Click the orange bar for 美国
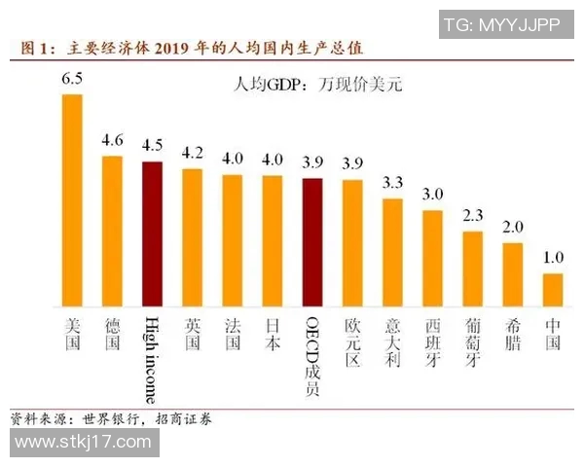(72, 200)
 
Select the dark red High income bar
(152, 233)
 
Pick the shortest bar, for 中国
(552, 290)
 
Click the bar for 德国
(112, 231)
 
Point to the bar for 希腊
(512, 274)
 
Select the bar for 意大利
(392, 252)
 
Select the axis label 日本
(273, 333)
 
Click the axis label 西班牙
(432, 341)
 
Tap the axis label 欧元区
(352, 341)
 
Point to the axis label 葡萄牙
(472, 341)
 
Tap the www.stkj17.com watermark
(83, 443)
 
